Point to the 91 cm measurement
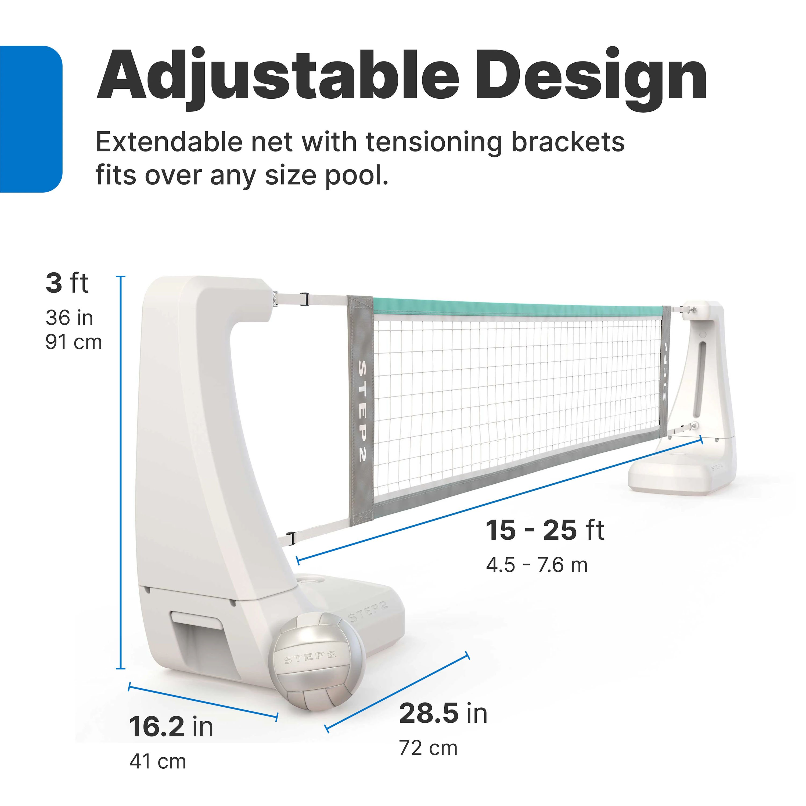(x=73, y=343)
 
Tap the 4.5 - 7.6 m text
(x=537, y=565)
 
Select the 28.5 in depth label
(x=443, y=713)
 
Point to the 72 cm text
(x=428, y=748)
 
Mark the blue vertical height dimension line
(x=121, y=472)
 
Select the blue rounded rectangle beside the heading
(x=30, y=119)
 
